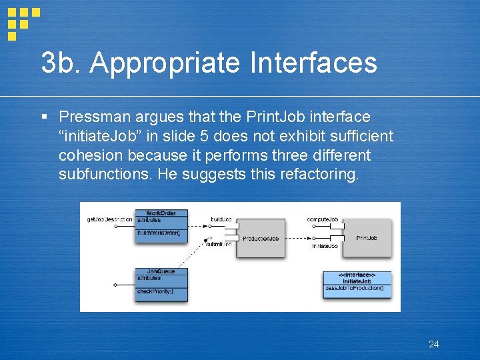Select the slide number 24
pyautogui.click(x=433, y=344)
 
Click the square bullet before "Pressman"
pyautogui.click(x=44, y=117)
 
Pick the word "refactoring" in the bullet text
pyautogui.click(x=321, y=175)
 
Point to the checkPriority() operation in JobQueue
pyautogui.click(x=155, y=291)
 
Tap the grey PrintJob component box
pyautogui.click(x=366, y=238)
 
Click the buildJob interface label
pyautogui.click(x=221, y=219)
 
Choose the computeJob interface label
pyautogui.click(x=323, y=219)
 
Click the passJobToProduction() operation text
pyautogui.click(x=355, y=288)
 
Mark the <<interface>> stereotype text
pyautogui.click(x=357, y=275)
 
